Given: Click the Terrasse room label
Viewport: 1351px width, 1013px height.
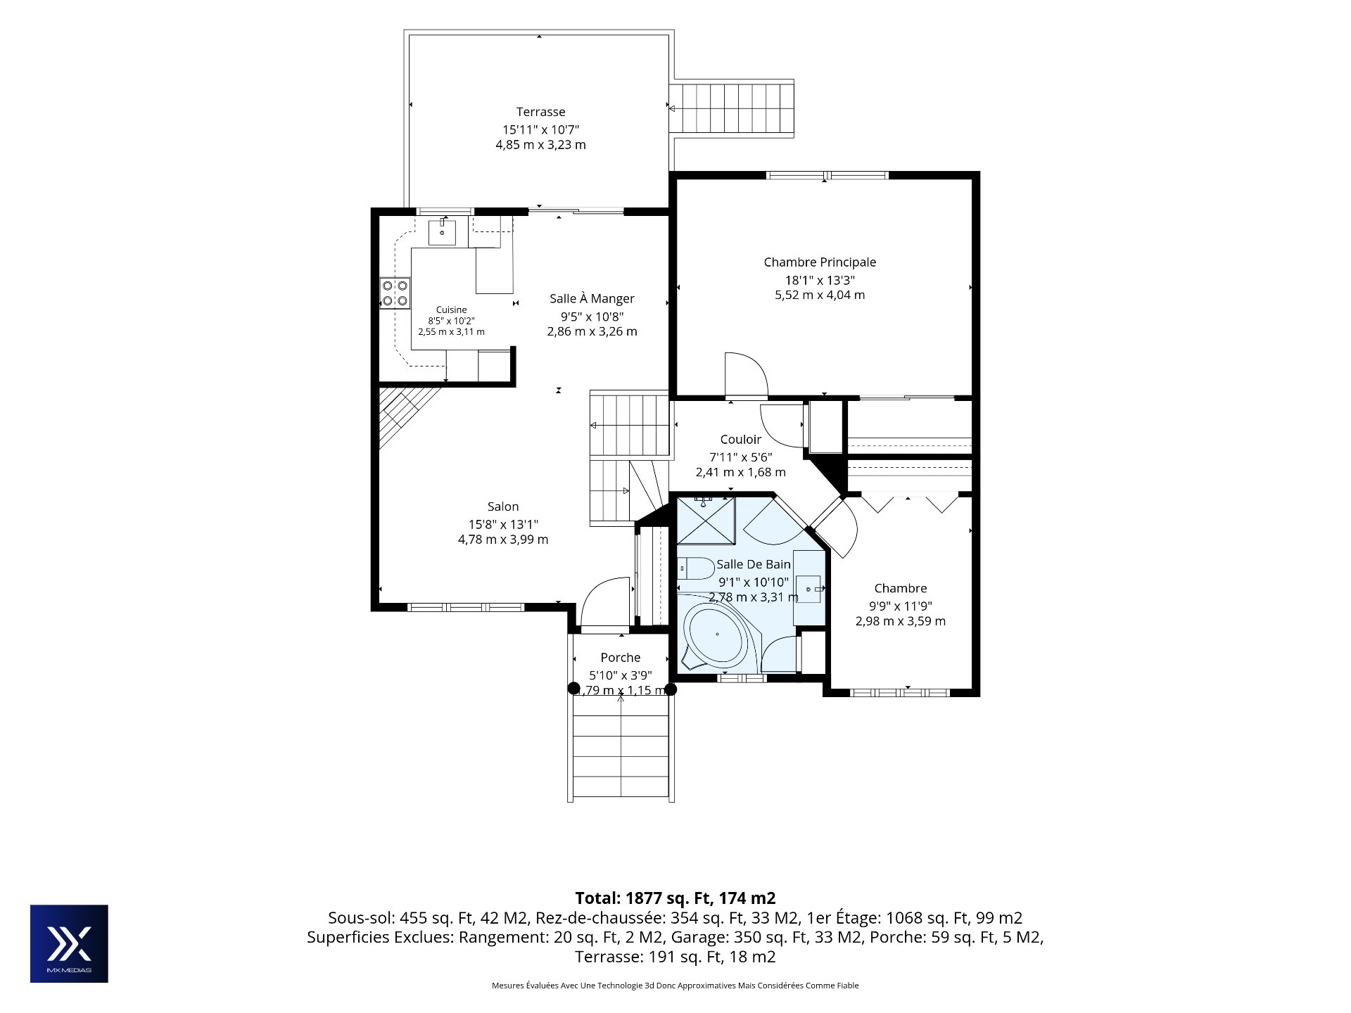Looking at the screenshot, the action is (x=540, y=112).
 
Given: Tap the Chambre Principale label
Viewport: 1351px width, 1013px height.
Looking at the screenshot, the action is (x=820, y=262).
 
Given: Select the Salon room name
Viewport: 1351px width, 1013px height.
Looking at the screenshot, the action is (x=503, y=507).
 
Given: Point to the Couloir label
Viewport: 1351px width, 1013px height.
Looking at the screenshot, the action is (x=740, y=440).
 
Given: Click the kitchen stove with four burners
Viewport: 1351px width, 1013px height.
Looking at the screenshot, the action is (x=395, y=293).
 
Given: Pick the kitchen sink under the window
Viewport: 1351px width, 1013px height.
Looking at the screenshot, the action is (x=442, y=233).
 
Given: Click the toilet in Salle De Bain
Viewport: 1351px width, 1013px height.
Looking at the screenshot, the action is (x=695, y=568).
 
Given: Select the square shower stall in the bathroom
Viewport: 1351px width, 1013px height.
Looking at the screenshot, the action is (x=706, y=520).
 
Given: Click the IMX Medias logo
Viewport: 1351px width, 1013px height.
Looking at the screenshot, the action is (x=69, y=943).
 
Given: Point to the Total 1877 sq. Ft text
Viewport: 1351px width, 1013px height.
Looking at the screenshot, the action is (x=675, y=898).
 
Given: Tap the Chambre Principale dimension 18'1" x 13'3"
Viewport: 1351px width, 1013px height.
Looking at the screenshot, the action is (x=820, y=279).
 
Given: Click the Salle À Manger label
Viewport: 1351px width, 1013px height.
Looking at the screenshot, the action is (x=592, y=299).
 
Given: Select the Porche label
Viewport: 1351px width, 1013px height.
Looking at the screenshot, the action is (x=620, y=658).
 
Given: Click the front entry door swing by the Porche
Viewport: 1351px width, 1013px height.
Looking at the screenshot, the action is (x=604, y=601).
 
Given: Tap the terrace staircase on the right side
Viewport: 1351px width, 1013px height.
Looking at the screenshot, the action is (x=732, y=108).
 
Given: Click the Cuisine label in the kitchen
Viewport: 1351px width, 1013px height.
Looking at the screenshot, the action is (x=451, y=310).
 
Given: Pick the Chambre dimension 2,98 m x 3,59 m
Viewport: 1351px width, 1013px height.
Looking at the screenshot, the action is (x=900, y=621).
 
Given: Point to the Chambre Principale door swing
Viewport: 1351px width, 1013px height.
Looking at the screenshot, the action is (x=746, y=375).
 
